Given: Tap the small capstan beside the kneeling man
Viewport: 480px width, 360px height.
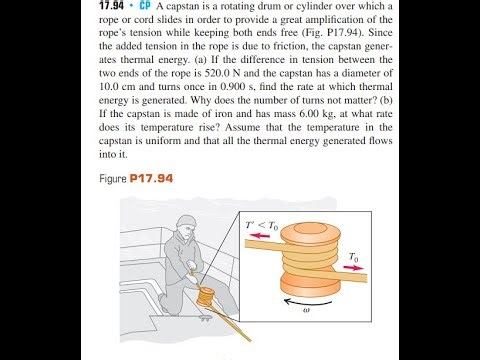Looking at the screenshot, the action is tap(207, 296).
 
